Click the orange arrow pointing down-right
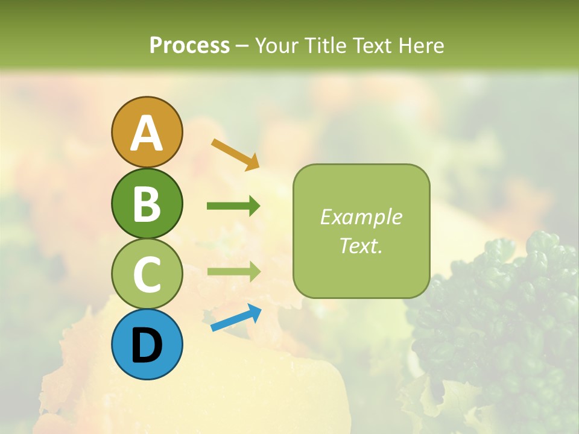pyautogui.click(x=235, y=154)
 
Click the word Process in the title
pyautogui.click(x=189, y=45)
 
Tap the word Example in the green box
pyautogui.click(x=361, y=217)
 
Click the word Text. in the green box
pyautogui.click(x=361, y=245)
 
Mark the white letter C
pyautogui.click(x=147, y=274)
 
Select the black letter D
pyautogui.click(x=147, y=345)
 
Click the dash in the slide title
pyautogui.click(x=242, y=46)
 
